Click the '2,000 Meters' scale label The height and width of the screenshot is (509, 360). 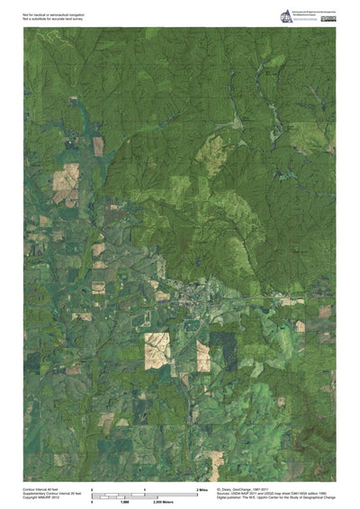(x=154, y=500)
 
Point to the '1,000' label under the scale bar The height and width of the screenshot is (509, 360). (x=120, y=500)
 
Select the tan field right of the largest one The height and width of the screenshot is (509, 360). (x=203, y=356)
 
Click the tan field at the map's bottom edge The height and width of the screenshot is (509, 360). (x=213, y=467)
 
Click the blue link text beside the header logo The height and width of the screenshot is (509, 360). (x=310, y=18)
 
